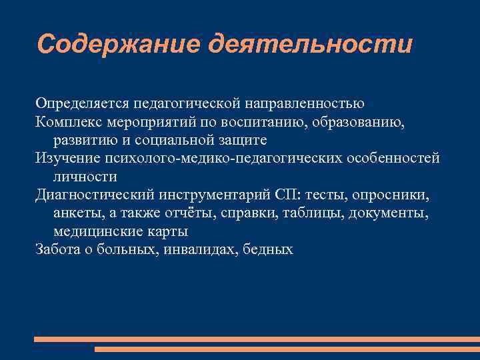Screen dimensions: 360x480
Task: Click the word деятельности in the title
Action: tap(310, 44)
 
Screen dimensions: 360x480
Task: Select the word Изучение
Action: tap(67, 159)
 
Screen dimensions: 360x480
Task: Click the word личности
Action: tap(85, 177)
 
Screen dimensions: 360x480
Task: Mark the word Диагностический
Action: tap(96, 195)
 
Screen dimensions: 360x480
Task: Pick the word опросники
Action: tap(395, 195)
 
